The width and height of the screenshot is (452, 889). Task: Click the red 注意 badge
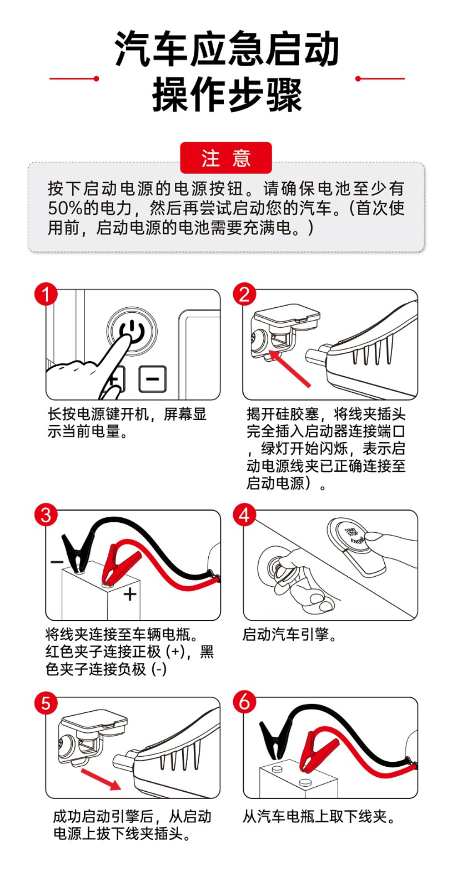click(225, 158)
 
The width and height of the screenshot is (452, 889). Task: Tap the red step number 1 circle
click(46, 294)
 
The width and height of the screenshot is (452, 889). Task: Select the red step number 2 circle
click(244, 294)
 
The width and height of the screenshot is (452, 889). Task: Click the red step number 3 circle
click(46, 515)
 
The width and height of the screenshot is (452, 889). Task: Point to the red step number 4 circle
click(244, 515)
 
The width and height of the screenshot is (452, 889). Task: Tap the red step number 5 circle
click(46, 703)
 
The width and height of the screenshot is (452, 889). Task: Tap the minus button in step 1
click(153, 379)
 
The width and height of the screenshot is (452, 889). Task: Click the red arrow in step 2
click(290, 368)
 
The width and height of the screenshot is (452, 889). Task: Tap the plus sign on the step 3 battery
click(129, 594)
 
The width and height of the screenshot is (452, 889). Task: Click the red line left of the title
click(74, 78)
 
